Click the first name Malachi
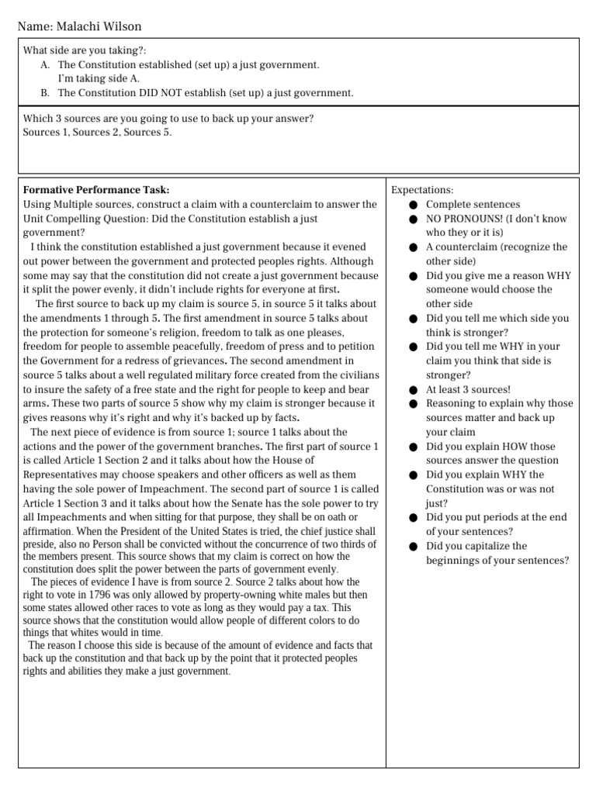coord(76,27)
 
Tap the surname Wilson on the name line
coord(120,27)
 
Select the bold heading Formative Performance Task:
coord(96,190)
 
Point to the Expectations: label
coord(422,190)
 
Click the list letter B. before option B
coord(46,92)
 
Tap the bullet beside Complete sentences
coord(414,205)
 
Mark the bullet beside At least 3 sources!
coord(414,389)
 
